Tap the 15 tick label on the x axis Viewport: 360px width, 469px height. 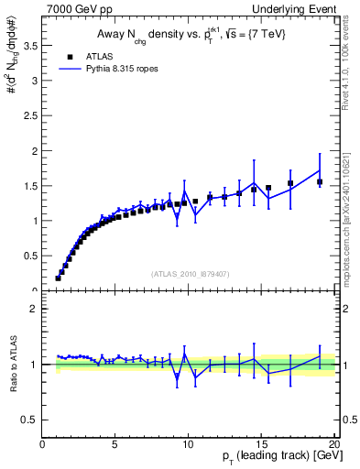(x=261, y=444)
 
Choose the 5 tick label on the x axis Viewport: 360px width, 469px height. (x=115, y=444)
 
